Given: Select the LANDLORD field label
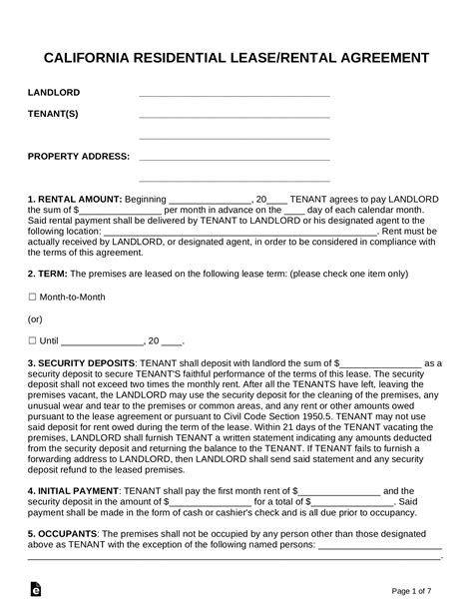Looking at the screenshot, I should click(54, 93).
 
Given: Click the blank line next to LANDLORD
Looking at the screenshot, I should click(235, 95).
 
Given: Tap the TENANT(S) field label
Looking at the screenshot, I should click(53, 114).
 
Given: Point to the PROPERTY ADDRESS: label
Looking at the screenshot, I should click(79, 156).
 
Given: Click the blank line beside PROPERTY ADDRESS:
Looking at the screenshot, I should click(235, 158).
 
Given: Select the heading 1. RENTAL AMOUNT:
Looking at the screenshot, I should click(75, 199).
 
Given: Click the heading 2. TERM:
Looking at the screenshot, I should click(49, 273).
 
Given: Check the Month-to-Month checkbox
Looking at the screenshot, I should click(32, 297).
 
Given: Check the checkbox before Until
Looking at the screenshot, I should click(32, 340).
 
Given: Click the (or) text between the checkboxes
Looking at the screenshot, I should click(36, 318).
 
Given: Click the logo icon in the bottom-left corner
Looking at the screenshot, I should click(36, 590).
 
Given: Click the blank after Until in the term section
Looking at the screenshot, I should click(104, 341).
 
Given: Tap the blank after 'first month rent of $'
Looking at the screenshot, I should click(339, 492).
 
